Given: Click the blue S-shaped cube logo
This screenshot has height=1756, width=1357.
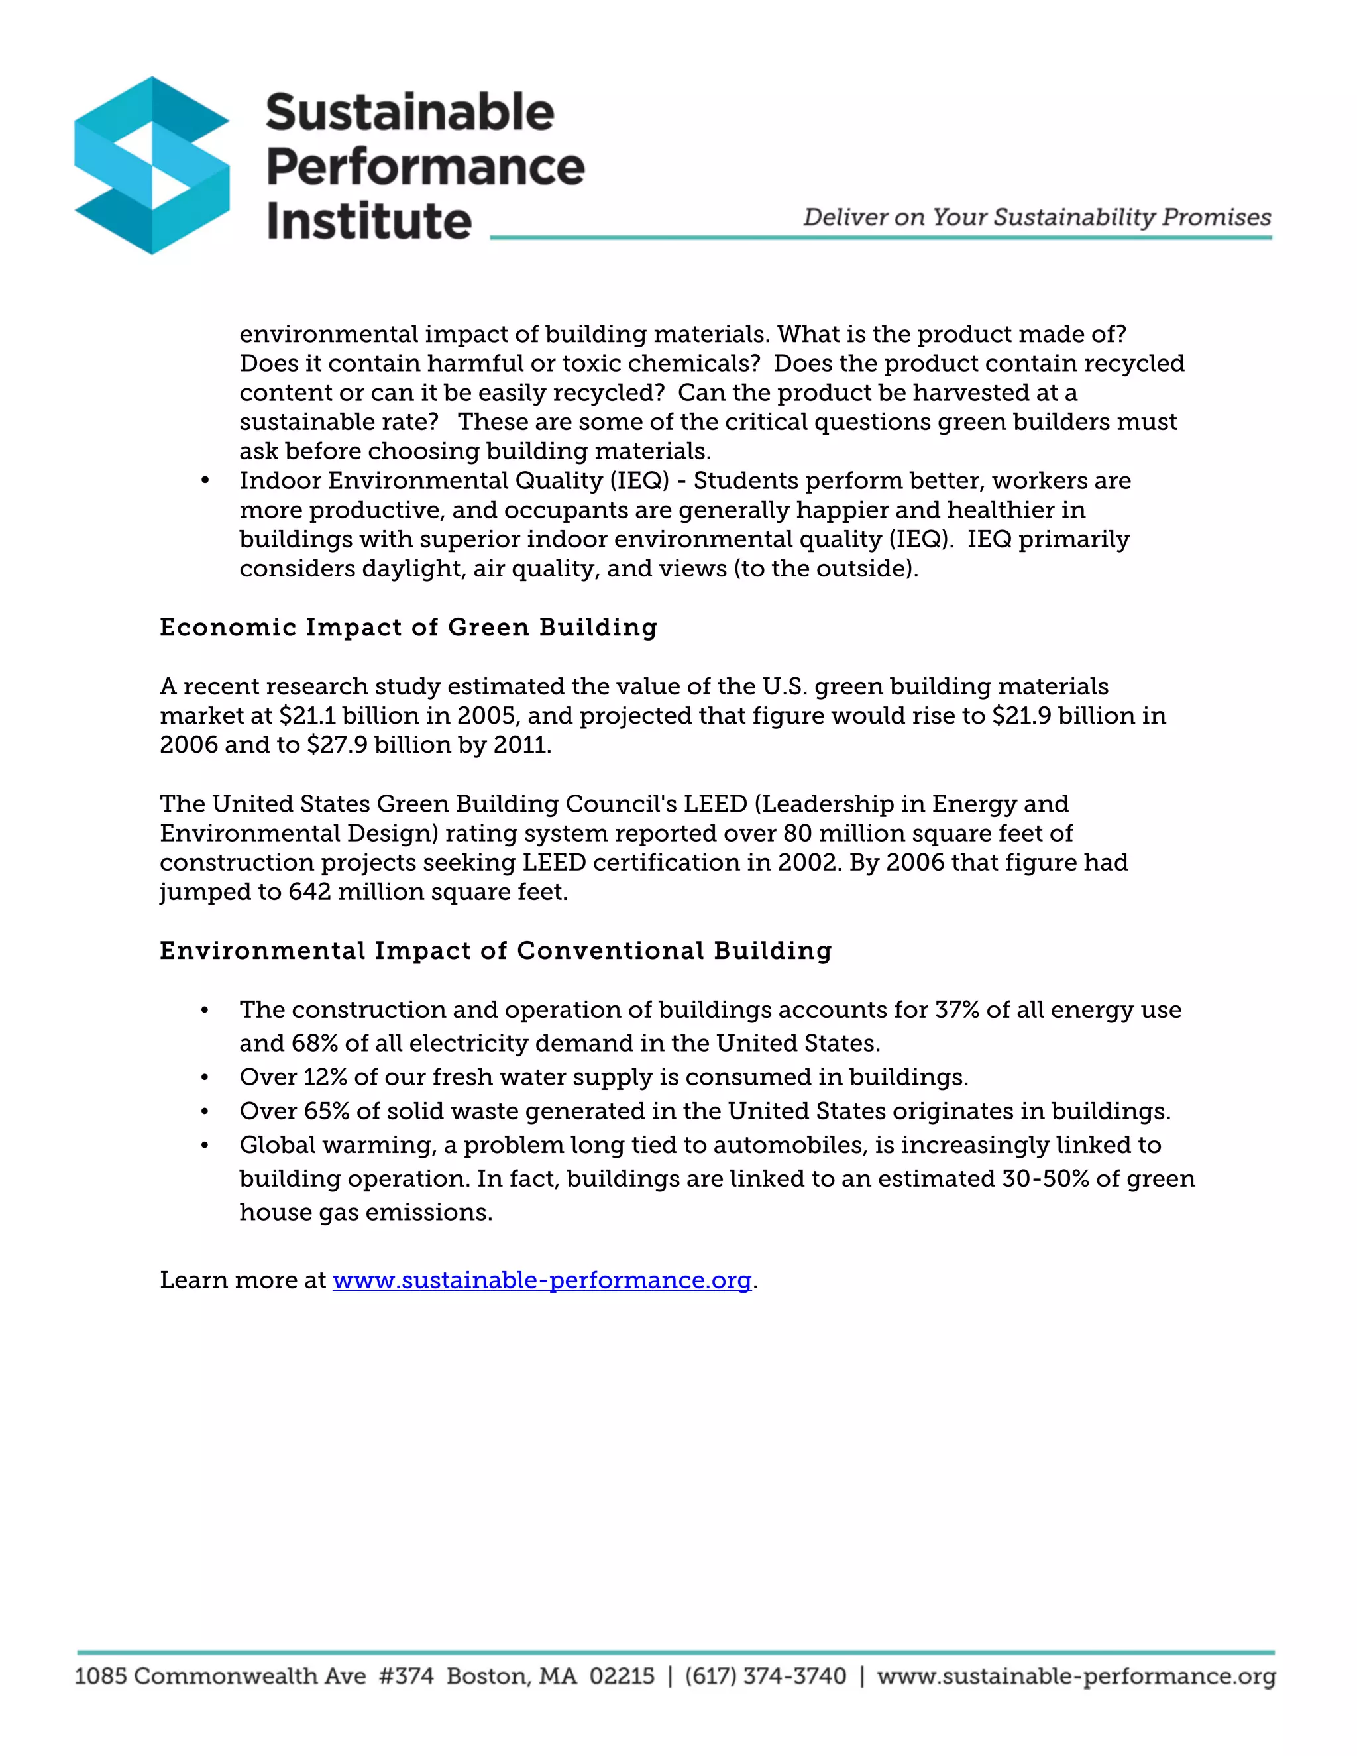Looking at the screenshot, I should point(152,165).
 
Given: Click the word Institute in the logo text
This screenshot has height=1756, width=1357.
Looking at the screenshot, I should point(368,221).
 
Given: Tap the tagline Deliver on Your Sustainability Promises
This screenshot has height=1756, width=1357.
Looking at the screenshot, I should point(1036,217).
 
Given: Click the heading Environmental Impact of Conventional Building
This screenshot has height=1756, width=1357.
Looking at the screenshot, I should point(495,950).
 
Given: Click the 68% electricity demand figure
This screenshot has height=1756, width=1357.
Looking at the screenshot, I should point(315,1044).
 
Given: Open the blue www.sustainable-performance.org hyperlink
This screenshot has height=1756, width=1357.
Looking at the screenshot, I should point(542,1280).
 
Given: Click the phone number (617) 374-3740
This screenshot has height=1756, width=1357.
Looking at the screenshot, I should point(765,1676).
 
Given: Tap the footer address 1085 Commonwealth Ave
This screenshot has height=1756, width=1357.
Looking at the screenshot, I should point(219,1676).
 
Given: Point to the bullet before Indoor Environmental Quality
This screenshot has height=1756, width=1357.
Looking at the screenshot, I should point(205,481).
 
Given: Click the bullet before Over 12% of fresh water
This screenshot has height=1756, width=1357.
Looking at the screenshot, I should point(205,1077).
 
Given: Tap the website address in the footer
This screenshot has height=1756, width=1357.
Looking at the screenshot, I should point(1075,1676).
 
